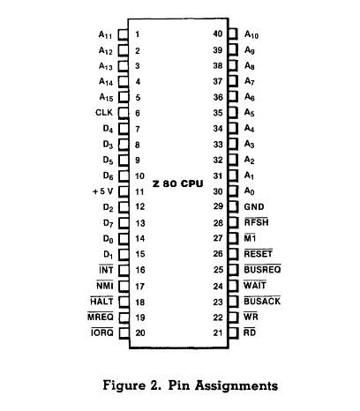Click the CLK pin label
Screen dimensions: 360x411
tap(104, 113)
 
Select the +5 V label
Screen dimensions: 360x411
tap(102, 191)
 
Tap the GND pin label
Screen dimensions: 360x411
tap(254, 207)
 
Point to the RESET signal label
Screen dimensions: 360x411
tap(259, 254)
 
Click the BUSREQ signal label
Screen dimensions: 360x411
tap(262, 269)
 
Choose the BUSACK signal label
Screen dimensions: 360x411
tap(262, 301)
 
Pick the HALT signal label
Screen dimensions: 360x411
tap(101, 302)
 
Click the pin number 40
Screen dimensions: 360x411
tap(218, 34)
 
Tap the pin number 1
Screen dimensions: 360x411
tap(138, 34)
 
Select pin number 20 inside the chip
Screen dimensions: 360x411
tap(140, 333)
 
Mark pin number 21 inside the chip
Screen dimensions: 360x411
tap(218, 333)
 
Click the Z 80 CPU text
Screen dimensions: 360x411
tap(178, 183)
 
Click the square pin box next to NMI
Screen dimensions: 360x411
tap(124, 286)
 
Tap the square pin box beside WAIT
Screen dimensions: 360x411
tap(233, 286)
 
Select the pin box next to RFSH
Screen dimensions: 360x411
tap(233, 222)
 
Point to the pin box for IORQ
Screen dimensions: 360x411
tap(124, 333)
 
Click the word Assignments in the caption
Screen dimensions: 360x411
tap(236, 385)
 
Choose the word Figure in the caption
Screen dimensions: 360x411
tap(124, 385)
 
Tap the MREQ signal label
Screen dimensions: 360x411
tap(101, 317)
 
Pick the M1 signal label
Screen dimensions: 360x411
tap(250, 238)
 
